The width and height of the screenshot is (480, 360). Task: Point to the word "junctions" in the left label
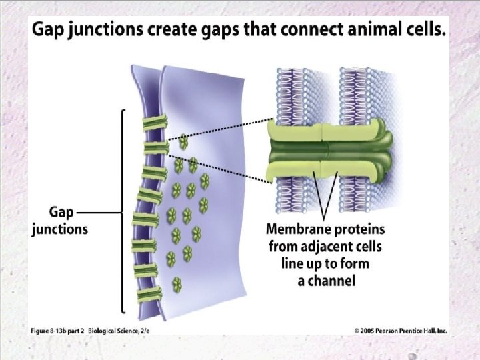pos(60,229)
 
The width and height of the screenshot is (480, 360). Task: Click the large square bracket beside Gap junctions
pos(122,210)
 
